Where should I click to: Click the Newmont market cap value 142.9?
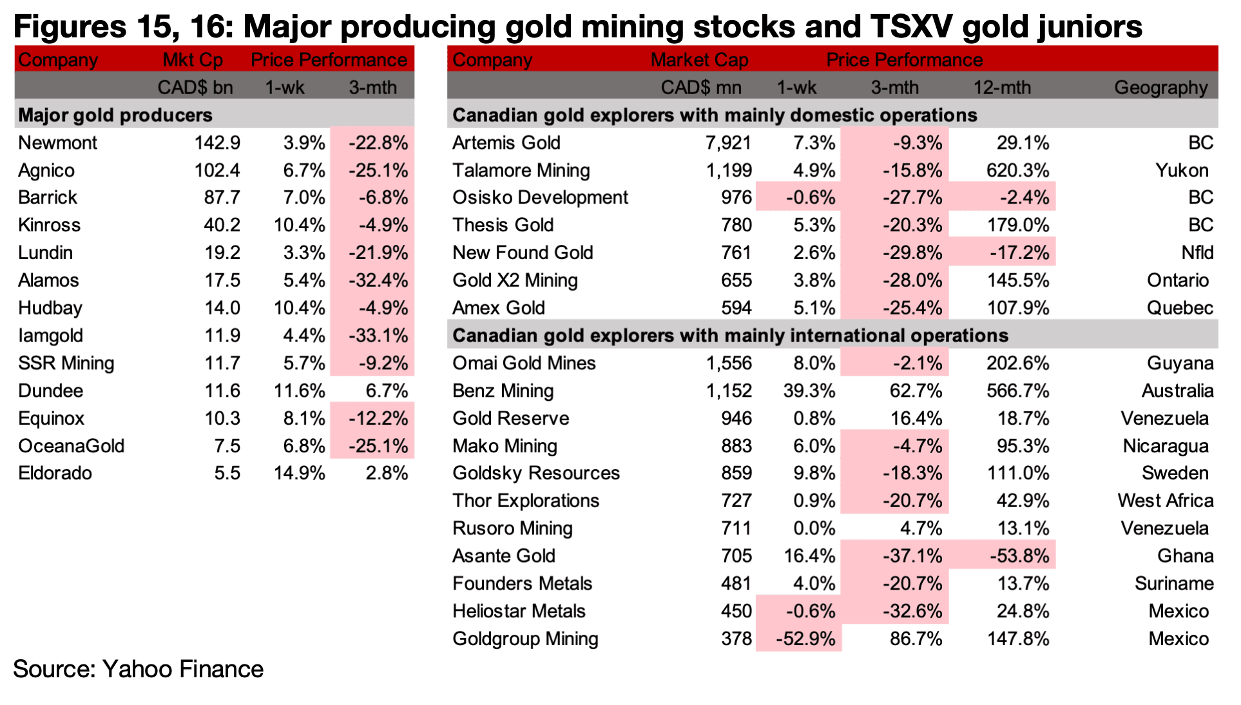point(217,142)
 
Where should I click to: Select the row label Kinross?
point(50,225)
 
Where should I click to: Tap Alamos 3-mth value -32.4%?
point(378,280)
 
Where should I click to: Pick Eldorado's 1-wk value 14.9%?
point(300,473)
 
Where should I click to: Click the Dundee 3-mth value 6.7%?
point(387,391)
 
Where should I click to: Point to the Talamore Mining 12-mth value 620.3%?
point(1018,170)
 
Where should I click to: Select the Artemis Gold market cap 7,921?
point(729,142)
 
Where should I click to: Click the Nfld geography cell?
point(1197,253)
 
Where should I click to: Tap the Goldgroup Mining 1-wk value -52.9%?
point(805,639)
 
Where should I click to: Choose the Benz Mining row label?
point(503,391)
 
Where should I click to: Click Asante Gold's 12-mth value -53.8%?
point(1019,555)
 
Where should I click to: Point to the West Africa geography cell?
point(1166,501)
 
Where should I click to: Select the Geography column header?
point(1161,88)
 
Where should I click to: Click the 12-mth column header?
point(1002,88)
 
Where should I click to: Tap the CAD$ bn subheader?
point(195,88)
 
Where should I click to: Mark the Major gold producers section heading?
point(115,115)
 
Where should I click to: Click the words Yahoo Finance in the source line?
point(183,669)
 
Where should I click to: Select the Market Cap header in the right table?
point(700,60)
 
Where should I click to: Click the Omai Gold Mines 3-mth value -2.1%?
point(918,363)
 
